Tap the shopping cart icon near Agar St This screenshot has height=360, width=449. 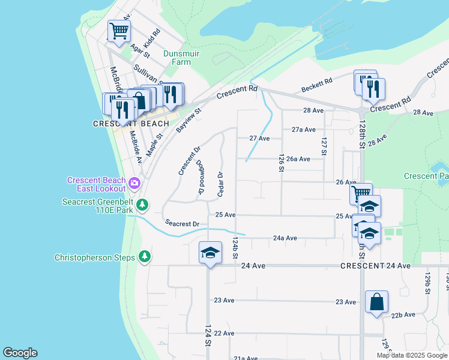click(119, 31)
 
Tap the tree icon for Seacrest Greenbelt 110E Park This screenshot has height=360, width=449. click(142, 205)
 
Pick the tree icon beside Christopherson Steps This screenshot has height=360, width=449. click(144, 257)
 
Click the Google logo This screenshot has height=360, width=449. click(20, 353)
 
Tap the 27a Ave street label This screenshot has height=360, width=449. click(304, 130)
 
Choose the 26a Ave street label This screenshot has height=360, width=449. click(298, 159)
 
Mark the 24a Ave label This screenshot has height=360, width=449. click(285, 238)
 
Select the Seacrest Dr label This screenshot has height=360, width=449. click(182, 224)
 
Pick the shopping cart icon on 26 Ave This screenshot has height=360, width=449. click(361, 194)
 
